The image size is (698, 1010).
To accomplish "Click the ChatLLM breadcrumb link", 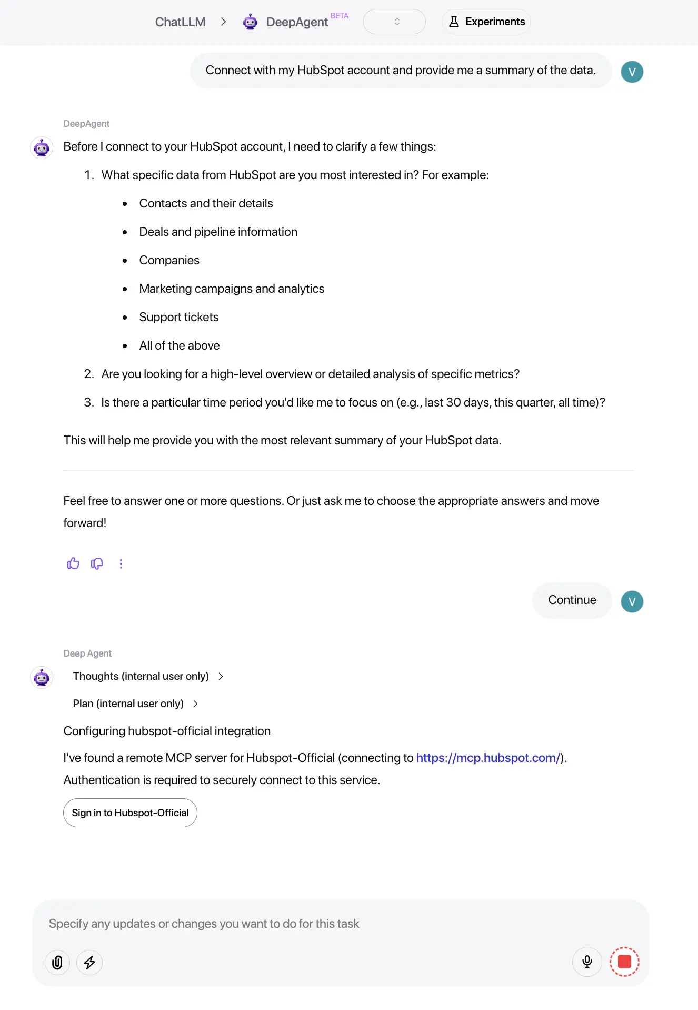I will pyautogui.click(x=180, y=22).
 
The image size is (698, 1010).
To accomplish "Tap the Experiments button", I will pyautogui.click(x=486, y=22).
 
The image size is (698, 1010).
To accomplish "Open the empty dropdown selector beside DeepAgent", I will pyautogui.click(x=394, y=22).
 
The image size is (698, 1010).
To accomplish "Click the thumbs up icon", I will pyautogui.click(x=73, y=563).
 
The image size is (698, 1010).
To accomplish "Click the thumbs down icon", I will pyautogui.click(x=97, y=563).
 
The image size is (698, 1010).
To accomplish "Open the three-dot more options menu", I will pyautogui.click(x=121, y=563).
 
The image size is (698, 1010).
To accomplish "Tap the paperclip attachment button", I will pyautogui.click(x=57, y=963).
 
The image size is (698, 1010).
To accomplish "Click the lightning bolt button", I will pyautogui.click(x=89, y=963).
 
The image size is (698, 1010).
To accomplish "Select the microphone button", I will pyautogui.click(x=587, y=962).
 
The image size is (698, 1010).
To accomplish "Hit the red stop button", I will pyautogui.click(x=624, y=962).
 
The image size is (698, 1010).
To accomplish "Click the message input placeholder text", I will pyautogui.click(x=204, y=924).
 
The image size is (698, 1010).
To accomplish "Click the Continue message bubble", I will pyautogui.click(x=572, y=600).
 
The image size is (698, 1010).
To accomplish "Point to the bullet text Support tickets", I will pyautogui.click(x=179, y=317).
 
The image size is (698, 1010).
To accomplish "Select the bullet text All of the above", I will pyautogui.click(x=180, y=345).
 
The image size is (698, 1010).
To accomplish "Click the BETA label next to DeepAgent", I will pyautogui.click(x=340, y=16).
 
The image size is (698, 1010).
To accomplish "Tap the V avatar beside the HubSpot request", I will pyautogui.click(x=632, y=72).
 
